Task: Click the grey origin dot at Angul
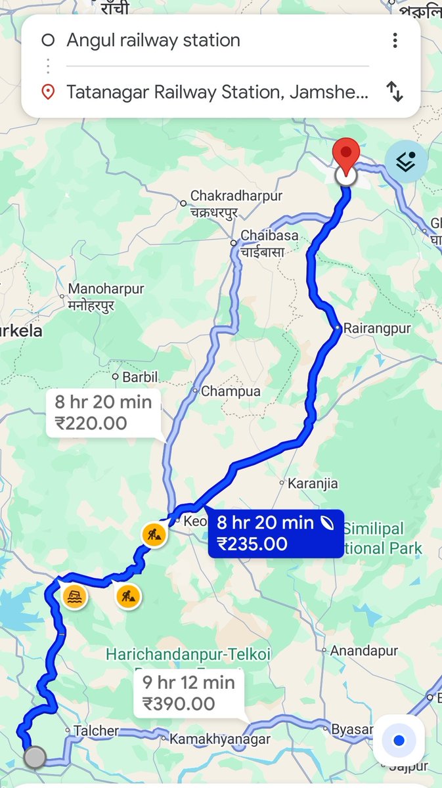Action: pyautogui.click(x=34, y=757)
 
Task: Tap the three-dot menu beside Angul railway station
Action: pyautogui.click(x=395, y=41)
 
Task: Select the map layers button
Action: pyautogui.click(x=406, y=162)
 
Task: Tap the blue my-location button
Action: pyautogui.click(x=399, y=741)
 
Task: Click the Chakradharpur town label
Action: pyautogui.click(x=236, y=196)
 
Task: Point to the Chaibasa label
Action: pyautogui.click(x=269, y=236)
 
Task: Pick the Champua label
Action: pyautogui.click(x=231, y=391)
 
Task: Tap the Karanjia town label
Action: pyautogui.click(x=313, y=484)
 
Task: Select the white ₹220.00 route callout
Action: pyautogui.click(x=104, y=412)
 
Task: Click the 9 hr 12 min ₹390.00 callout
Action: pyautogui.click(x=188, y=693)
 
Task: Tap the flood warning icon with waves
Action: pyautogui.click(x=76, y=597)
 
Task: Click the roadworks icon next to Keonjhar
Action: pyautogui.click(x=154, y=534)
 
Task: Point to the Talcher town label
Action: pyautogui.click(x=96, y=731)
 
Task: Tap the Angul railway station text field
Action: pyautogui.click(x=197, y=41)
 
